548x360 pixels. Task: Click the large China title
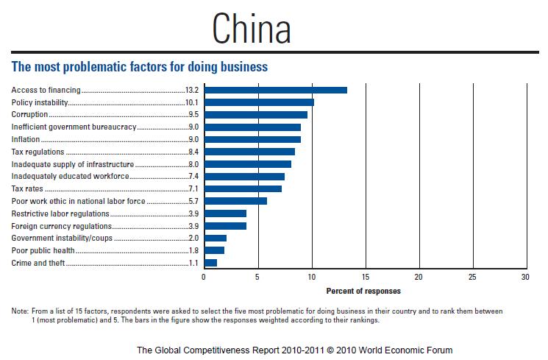point(252,29)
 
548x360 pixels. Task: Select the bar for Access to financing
point(275,90)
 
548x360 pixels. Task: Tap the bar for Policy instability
point(259,102)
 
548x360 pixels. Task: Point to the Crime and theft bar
point(210,263)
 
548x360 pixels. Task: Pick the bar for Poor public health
point(214,250)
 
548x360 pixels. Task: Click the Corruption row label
point(30,115)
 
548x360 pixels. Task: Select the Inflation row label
point(26,139)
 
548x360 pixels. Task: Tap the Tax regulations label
point(39,152)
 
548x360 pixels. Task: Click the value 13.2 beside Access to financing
point(193,90)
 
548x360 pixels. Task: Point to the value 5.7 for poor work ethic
point(194,201)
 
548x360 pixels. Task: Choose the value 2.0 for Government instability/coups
point(194,239)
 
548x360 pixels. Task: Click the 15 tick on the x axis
point(365,278)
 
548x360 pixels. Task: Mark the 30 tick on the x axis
point(524,278)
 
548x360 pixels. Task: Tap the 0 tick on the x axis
point(204,278)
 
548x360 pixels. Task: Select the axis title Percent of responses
point(363,291)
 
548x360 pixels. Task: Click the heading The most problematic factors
point(139,67)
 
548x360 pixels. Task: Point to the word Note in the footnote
point(20,312)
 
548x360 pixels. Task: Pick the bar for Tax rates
point(243,188)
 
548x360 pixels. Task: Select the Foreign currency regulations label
point(62,226)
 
